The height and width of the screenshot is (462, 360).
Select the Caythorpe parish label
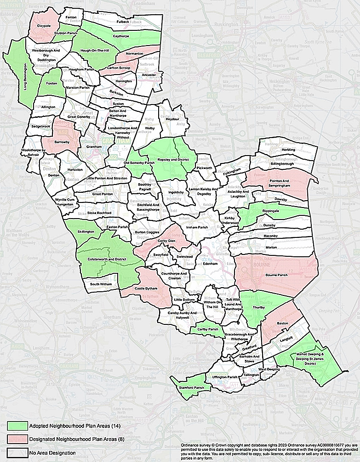tap(122, 35)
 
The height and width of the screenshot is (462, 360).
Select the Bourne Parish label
tap(276, 276)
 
